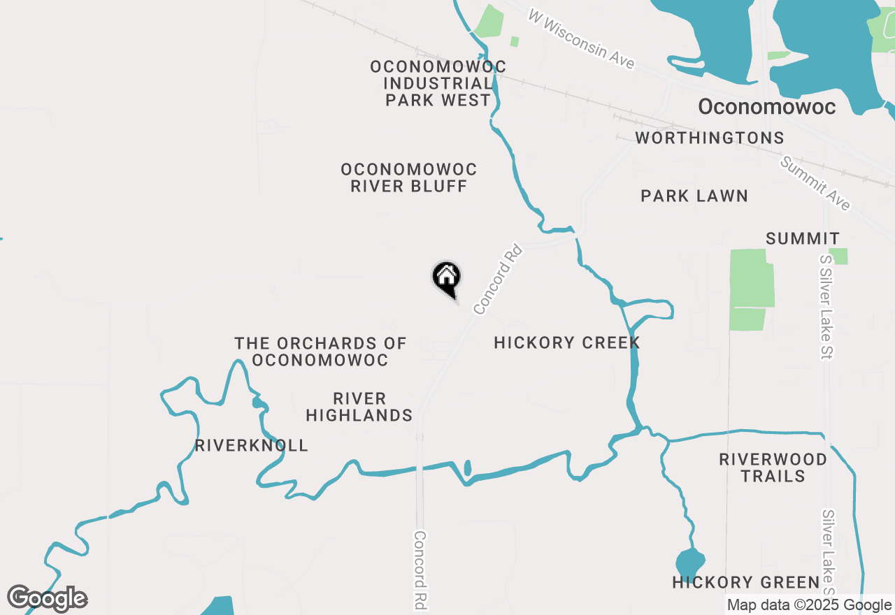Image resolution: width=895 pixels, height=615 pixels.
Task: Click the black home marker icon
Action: (446, 278)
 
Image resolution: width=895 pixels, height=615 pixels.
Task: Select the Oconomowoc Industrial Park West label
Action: (438, 83)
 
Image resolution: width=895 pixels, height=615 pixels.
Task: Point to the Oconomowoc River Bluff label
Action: (409, 178)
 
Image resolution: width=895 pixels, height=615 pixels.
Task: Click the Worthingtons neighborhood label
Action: (710, 138)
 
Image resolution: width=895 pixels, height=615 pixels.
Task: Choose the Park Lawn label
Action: (694, 196)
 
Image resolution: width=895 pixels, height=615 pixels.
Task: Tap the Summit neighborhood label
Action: (803, 238)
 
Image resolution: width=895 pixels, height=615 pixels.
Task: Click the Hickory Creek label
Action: (567, 342)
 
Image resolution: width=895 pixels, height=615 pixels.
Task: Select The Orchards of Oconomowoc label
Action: (320, 352)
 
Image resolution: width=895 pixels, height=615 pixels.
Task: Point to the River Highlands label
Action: (359, 407)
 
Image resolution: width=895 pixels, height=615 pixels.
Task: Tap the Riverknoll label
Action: (252, 445)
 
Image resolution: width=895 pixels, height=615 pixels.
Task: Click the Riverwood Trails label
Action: (773, 468)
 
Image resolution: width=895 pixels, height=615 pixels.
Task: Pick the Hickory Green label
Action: (746, 581)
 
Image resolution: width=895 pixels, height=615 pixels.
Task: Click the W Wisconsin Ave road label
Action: (581, 39)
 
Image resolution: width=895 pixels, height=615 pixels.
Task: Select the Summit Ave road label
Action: (815, 183)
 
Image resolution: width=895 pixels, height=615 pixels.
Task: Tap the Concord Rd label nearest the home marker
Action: (498, 278)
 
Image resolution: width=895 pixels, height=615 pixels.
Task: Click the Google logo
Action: (48, 599)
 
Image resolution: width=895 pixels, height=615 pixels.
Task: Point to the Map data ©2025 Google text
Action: (809, 605)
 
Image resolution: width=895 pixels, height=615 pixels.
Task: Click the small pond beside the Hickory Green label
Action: (690, 561)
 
